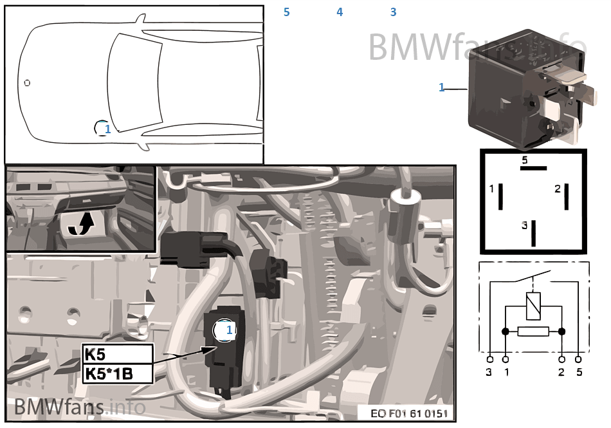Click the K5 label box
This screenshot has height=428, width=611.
[118, 353]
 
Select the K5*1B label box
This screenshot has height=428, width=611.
[118, 373]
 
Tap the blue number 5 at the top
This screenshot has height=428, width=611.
[286, 12]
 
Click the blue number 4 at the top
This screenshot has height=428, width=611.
[340, 12]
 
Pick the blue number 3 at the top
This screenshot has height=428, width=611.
[393, 12]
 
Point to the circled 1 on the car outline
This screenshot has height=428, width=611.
[103, 129]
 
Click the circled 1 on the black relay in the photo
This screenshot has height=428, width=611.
[225, 330]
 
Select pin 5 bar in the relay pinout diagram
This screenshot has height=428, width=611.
[533, 167]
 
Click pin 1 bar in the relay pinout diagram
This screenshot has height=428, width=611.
[500, 196]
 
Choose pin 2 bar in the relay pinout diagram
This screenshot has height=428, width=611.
[567, 196]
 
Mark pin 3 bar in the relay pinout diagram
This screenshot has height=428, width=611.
[533, 232]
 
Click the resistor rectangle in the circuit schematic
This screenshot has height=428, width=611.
[533, 331]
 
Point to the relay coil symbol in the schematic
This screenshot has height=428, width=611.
[533, 305]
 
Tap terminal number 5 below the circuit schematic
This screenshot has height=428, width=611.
[579, 372]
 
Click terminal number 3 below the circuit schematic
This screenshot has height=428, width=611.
[489, 372]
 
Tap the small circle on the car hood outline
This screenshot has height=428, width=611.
[27, 83]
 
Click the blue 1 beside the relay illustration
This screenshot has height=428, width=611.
[442, 88]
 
